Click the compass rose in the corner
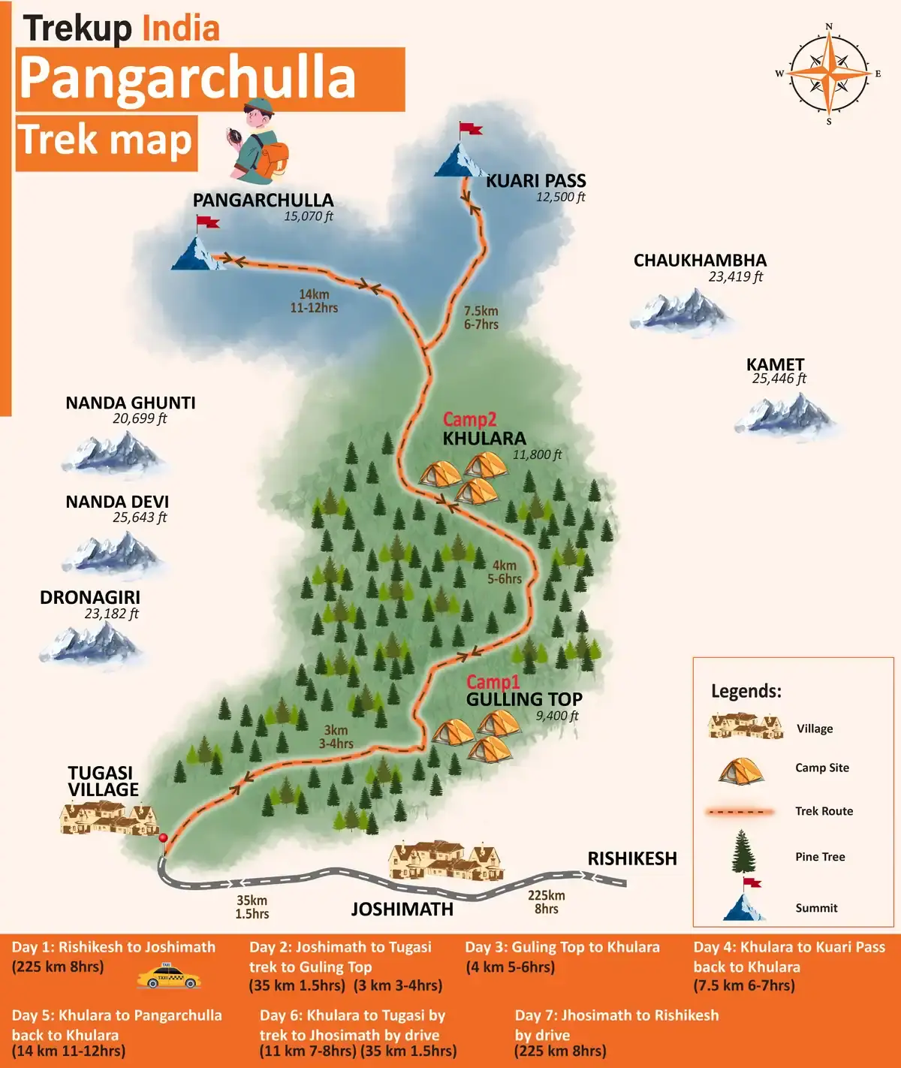click(x=829, y=74)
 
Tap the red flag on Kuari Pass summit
click(x=471, y=129)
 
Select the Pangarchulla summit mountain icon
click(x=197, y=254)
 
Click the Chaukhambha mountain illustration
click(x=680, y=310)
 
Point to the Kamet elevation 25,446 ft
click(x=779, y=379)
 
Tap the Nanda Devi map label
click(x=117, y=502)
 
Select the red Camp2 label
click(x=469, y=420)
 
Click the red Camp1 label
click(x=493, y=682)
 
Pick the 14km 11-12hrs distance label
click(x=314, y=301)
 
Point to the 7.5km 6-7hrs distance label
click(x=481, y=318)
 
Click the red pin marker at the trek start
click(x=163, y=838)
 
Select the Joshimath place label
click(x=402, y=910)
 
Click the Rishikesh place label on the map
click(x=631, y=858)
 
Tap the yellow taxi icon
click(x=169, y=978)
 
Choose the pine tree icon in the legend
click(x=742, y=852)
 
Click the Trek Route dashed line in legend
click(x=740, y=812)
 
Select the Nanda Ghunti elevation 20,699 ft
click(x=140, y=419)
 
